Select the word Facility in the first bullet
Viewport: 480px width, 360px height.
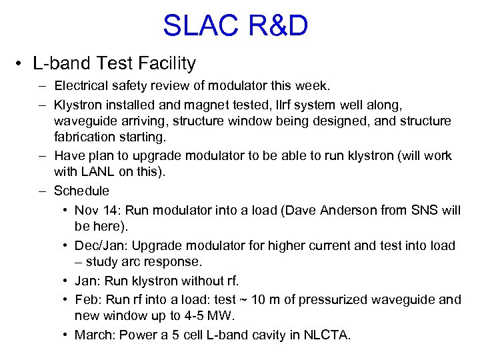tap(169, 64)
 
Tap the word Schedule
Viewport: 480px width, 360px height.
tap(81, 191)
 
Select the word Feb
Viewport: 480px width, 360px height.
tap(86, 300)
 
